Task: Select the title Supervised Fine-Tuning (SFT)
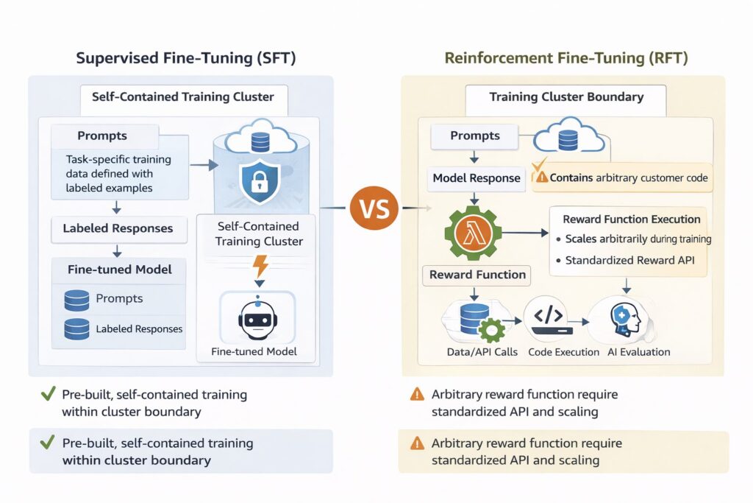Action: [x=185, y=58]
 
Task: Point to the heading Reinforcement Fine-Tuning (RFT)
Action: [x=566, y=58]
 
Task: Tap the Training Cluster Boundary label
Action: [x=565, y=97]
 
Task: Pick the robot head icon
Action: [x=257, y=318]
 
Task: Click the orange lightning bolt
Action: [x=259, y=264]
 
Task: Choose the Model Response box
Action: [x=477, y=177]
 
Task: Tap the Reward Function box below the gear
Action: [x=477, y=275]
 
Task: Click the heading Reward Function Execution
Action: [x=631, y=219]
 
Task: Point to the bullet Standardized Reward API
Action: [x=632, y=260]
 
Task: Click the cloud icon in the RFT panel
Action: [x=568, y=138]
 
